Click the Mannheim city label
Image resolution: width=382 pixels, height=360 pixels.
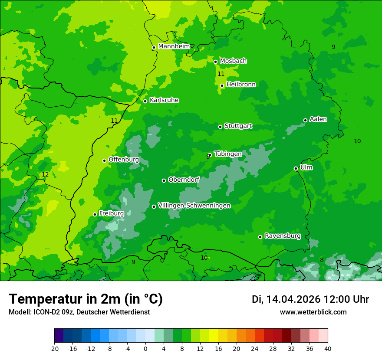pos(174,46)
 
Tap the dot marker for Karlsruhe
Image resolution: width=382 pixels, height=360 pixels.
pos(145,101)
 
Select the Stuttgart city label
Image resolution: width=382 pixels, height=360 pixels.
pos(238,126)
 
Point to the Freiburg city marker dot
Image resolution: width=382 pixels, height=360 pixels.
pos(95,214)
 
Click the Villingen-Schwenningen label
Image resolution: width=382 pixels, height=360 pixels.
pos(194,206)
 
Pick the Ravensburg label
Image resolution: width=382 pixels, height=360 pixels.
pos(283,236)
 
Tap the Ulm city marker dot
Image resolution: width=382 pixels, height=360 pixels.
pos(296,168)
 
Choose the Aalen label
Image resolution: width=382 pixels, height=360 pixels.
pos(318,119)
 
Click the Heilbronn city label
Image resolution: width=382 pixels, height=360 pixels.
pos(241,85)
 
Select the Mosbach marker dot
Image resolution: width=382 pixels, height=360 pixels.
pos(215,62)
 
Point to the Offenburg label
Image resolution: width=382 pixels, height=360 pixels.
pos(124,160)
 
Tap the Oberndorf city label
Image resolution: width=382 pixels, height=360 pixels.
pos(184,180)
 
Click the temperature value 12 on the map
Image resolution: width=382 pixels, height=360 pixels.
pos(45,174)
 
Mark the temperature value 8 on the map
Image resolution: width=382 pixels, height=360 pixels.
pos(322,260)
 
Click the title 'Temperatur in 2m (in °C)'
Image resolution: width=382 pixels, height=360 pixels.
pos(86,299)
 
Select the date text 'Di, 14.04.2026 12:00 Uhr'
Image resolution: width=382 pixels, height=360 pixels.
pos(310,299)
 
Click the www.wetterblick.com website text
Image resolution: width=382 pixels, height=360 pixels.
pos(313,312)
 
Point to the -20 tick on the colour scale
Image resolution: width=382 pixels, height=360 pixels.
pos(54,348)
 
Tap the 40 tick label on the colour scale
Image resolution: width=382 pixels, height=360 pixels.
pos(328,348)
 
